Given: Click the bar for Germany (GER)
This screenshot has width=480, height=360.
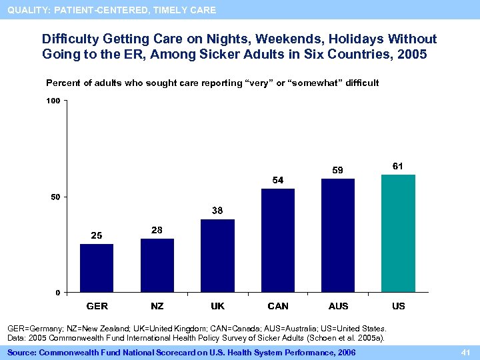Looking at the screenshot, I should pos(97,268).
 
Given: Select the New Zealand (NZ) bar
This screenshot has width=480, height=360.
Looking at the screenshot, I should pos(157,265).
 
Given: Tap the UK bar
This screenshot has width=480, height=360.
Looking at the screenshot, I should pos(217,255).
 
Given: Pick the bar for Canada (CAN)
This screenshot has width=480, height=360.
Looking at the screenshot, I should pos(278,240).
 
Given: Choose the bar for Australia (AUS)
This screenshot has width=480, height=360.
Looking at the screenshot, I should pos(338,235).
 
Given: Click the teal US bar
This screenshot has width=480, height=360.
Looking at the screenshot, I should pos(398,233).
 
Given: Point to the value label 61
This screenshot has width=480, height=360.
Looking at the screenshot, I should pos(398,165).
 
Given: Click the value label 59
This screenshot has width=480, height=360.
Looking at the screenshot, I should pos(338,170).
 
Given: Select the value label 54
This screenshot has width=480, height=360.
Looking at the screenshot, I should pos(278,180).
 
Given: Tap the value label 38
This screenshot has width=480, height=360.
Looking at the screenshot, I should pos(217,210).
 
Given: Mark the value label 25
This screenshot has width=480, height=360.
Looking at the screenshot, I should pos(97,235).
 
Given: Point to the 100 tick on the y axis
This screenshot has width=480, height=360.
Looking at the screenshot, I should pos(53,101).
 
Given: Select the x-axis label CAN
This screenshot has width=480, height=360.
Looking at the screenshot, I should pos(278,306).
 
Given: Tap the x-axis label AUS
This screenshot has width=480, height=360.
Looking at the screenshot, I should pos(338,306).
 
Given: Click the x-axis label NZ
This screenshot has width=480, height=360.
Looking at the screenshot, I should pos(157,306).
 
